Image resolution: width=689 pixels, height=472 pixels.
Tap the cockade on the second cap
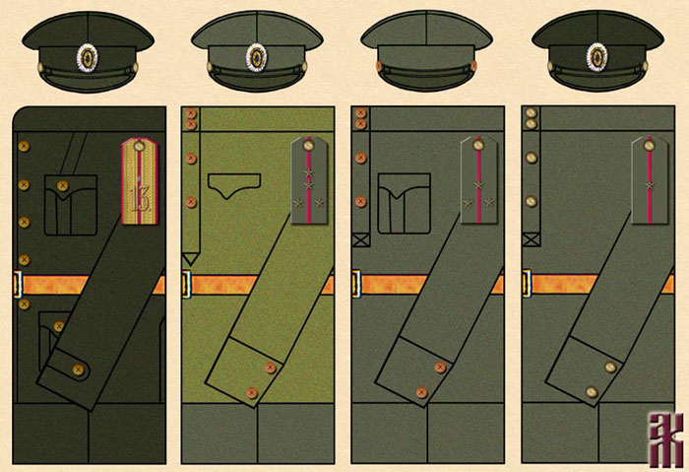[x=257, y=57]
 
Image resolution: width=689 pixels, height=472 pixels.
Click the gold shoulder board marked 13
[x=140, y=180]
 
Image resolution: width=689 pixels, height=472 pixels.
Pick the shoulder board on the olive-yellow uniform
[x=310, y=180]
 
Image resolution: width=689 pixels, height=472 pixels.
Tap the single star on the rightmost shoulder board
[x=651, y=184]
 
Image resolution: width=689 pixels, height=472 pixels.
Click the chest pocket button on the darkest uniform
[x=64, y=185]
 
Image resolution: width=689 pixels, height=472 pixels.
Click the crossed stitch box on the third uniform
[x=359, y=237]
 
